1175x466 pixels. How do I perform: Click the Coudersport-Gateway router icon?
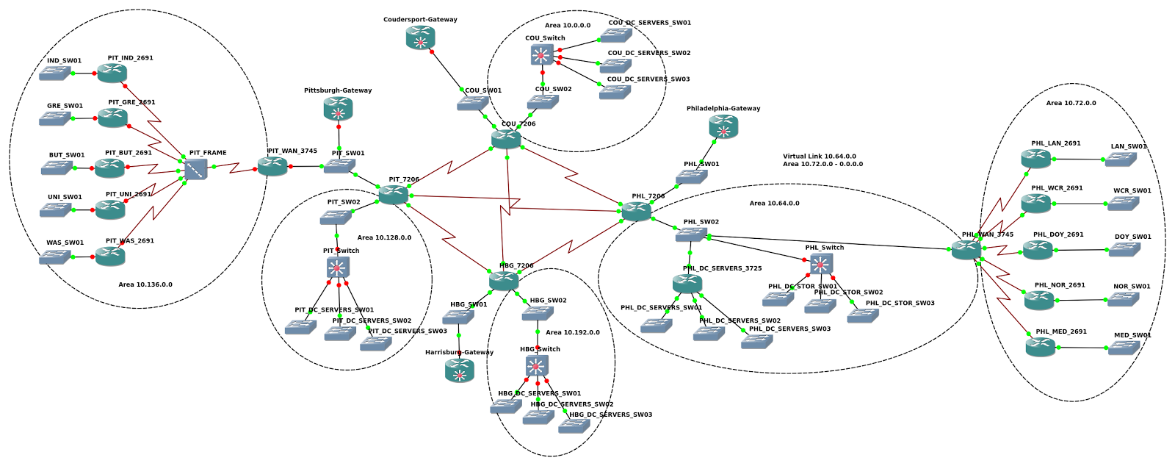click(x=421, y=38)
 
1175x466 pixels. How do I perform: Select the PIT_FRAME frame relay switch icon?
click(x=196, y=171)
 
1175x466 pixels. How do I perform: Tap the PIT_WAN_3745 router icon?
click(x=272, y=167)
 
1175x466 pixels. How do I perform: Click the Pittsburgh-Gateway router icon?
click(x=339, y=110)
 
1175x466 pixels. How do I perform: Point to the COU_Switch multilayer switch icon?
click(x=542, y=55)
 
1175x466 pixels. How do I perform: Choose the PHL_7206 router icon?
click(x=636, y=212)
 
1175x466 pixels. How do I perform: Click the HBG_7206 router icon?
click(x=504, y=281)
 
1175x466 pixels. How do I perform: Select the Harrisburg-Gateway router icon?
click(x=460, y=371)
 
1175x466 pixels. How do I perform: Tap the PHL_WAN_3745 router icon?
click(x=966, y=251)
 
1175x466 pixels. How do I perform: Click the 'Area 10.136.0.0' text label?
click(x=145, y=284)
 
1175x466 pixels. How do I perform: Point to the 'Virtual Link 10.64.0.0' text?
click(x=819, y=157)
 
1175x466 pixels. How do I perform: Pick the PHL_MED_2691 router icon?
click(x=1040, y=347)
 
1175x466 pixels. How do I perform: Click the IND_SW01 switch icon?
click(x=56, y=74)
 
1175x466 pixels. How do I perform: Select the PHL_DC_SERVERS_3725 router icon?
click(x=687, y=284)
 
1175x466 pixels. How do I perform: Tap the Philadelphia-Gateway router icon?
click(x=723, y=127)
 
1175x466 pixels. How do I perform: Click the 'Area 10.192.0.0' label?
click(x=573, y=332)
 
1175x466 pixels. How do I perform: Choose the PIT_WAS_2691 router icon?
click(x=110, y=257)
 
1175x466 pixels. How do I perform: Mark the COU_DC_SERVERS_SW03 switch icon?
click(x=615, y=93)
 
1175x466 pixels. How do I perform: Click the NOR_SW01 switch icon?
click(x=1123, y=299)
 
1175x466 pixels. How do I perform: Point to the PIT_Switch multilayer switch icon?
click(x=339, y=268)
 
